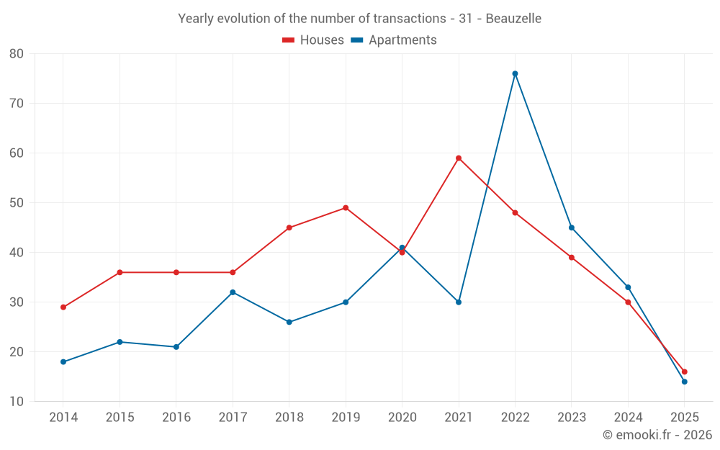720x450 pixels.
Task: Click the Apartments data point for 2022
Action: coord(515,73)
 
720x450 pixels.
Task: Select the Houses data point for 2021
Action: coord(459,158)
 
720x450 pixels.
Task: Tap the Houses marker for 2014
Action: coord(63,307)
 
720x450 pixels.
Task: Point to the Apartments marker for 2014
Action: coord(63,362)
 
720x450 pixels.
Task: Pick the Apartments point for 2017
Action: coord(233,292)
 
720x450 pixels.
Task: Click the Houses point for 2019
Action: coord(346,208)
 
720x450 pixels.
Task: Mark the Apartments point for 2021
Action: coord(459,302)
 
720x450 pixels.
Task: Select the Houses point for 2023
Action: coord(572,258)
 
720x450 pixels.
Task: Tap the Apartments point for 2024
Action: coord(628,287)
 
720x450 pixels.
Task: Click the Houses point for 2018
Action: coord(289,228)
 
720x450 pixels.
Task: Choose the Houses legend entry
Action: coord(313,40)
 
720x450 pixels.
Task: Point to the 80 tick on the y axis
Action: coord(17,54)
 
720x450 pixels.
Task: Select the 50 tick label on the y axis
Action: coord(17,203)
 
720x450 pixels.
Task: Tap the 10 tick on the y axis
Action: coord(17,402)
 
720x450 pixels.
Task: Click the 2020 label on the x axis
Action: coord(402,418)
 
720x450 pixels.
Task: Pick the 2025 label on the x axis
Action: coord(684,418)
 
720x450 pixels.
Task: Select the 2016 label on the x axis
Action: coord(176,418)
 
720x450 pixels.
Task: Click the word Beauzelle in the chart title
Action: coord(513,19)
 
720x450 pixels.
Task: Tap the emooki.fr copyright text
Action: coord(657,435)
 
